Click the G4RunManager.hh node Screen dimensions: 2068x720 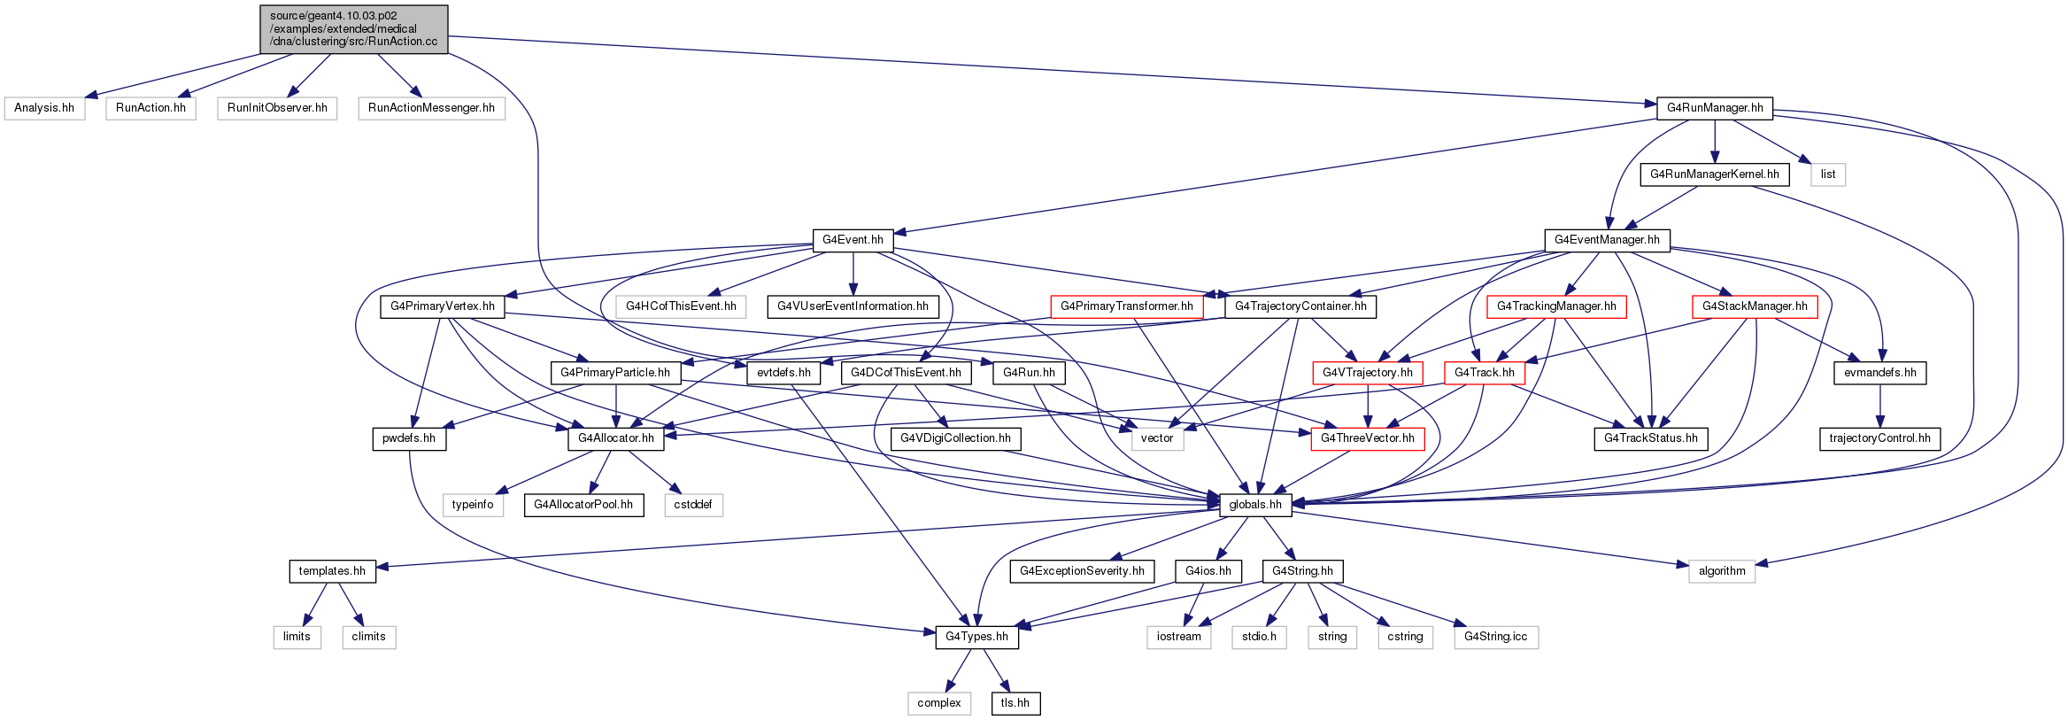tap(1715, 108)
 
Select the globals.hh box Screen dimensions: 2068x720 tap(1255, 505)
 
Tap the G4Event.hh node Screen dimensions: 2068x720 tap(853, 240)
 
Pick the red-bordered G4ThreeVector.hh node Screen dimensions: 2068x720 tap(1368, 438)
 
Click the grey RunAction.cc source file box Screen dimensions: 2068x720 tap(354, 29)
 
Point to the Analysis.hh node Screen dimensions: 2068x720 tap(44, 108)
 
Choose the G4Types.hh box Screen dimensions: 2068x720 tap(976, 637)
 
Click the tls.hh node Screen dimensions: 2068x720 tap(1015, 703)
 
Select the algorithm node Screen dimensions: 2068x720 tap(1722, 571)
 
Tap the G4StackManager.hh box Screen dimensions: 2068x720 tap(1755, 306)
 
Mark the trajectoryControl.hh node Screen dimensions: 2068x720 tap(1879, 438)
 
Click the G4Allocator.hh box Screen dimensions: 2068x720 tap(616, 438)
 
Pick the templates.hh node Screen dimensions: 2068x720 tap(332, 571)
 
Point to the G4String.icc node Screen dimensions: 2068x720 tap(1496, 637)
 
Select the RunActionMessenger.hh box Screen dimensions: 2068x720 tap(431, 108)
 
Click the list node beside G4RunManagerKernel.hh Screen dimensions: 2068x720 tap(1828, 174)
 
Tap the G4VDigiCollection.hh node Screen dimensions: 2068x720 tap(955, 438)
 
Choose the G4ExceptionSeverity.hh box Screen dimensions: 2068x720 tap(1082, 571)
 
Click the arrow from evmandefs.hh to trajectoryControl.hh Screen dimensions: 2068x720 tap(1880, 406)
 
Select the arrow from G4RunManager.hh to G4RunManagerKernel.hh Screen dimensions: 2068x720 tap(1715, 142)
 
